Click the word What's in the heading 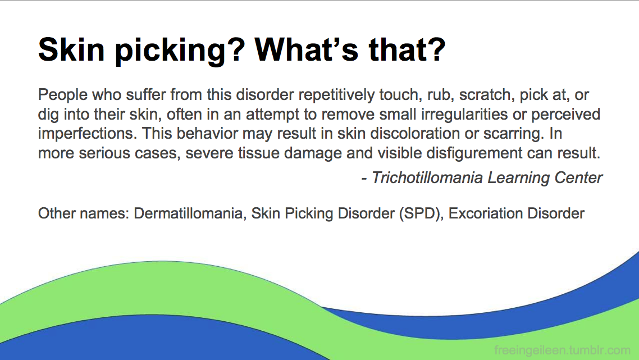pos(307,49)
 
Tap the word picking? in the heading pos(180,51)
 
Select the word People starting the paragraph pos(63,95)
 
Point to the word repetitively pos(336,95)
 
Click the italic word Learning pos(518,178)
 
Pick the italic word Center pos(579,178)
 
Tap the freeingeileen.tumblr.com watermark pos(563,350)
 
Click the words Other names pos(84,213)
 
